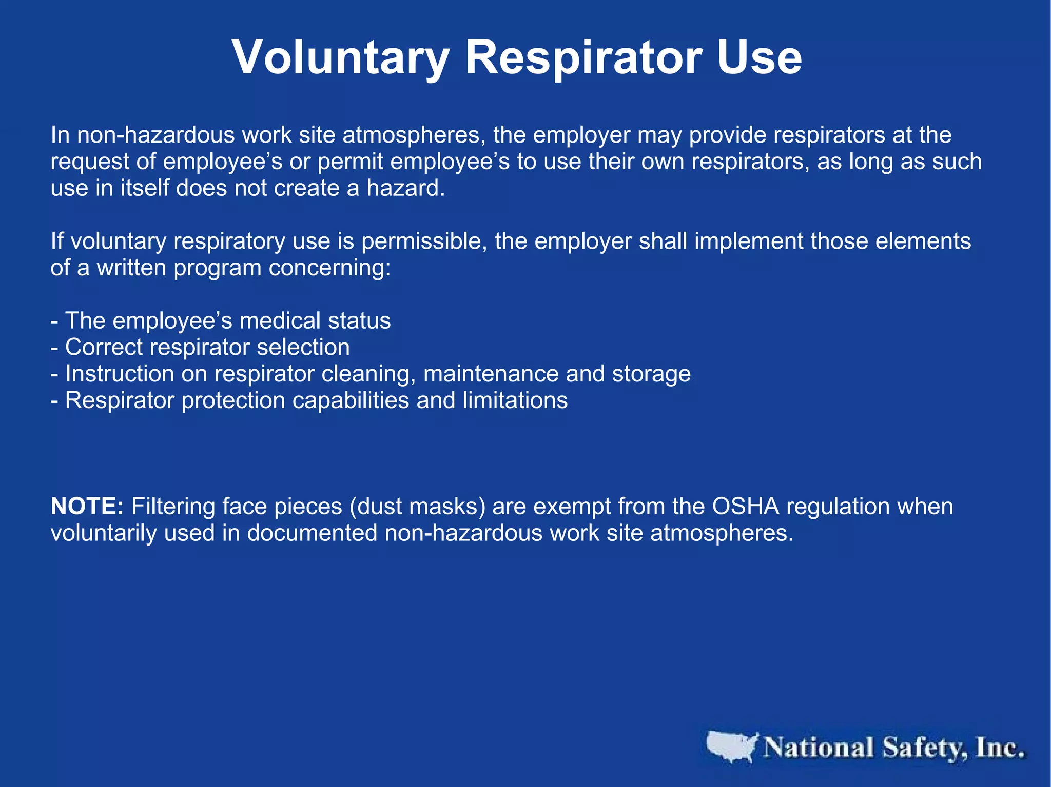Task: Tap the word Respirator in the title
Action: pyautogui.click(x=583, y=57)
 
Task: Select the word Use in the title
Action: pyautogui.click(x=759, y=57)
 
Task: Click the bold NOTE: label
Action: pyautogui.click(x=87, y=507)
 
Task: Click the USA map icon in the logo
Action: pyautogui.click(x=731, y=746)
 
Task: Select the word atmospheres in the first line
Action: pyautogui.click(x=414, y=135)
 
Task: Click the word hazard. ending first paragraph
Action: pyautogui.click(x=405, y=188)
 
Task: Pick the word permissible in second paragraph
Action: pyautogui.click(x=424, y=241)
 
